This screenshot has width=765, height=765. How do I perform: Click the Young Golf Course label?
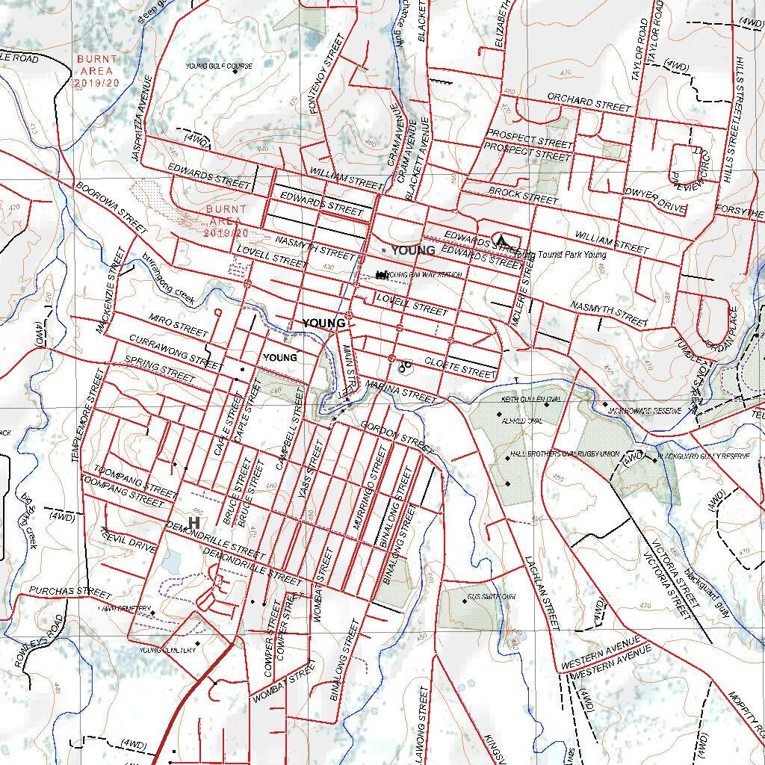[219, 66]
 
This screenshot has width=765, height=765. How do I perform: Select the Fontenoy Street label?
[326, 73]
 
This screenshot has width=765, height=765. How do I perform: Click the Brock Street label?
[523, 196]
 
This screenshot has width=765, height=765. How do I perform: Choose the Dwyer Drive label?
[654, 200]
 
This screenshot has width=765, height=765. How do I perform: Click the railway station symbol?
[382, 275]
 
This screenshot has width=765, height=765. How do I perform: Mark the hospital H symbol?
[194, 521]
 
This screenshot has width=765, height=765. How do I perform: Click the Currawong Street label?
[174, 353]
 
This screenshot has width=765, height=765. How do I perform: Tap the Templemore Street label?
[87, 415]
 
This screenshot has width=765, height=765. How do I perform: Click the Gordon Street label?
[396, 436]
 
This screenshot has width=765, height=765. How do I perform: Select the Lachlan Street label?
[542, 590]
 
